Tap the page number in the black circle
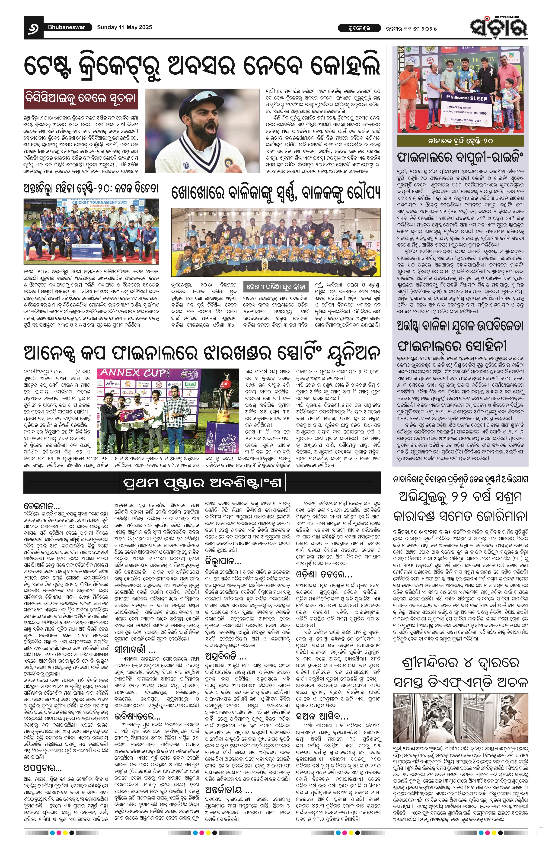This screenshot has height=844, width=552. click(34, 27)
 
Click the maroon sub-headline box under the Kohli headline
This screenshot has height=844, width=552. click(80, 98)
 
